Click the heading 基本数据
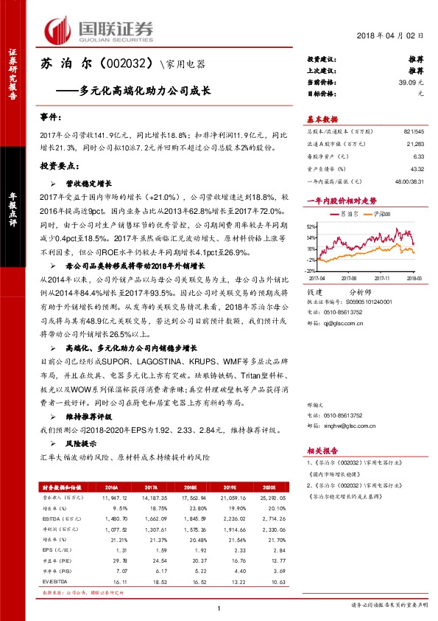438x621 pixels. click(322, 119)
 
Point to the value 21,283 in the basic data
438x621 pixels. click(416, 146)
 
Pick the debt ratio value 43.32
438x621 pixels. click(417, 170)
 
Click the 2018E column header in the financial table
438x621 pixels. click(191, 488)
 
